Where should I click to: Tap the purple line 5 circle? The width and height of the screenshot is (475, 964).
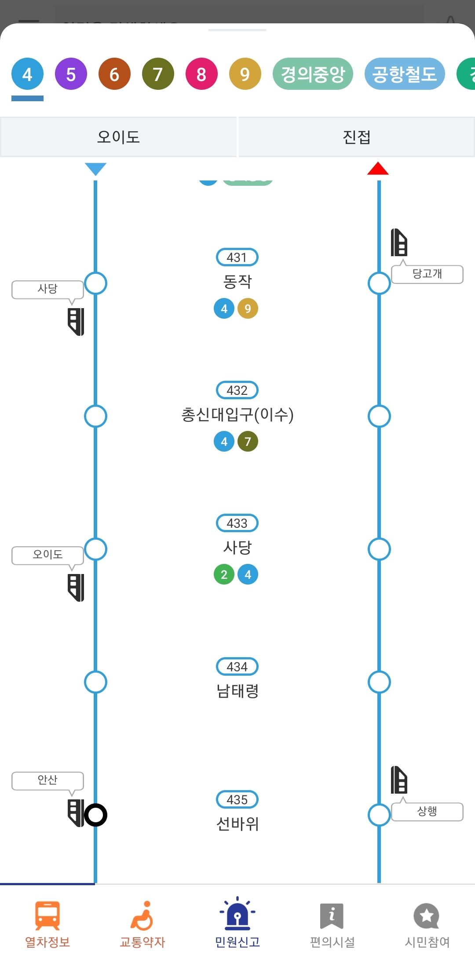click(x=71, y=74)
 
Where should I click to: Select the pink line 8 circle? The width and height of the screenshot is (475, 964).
click(x=201, y=74)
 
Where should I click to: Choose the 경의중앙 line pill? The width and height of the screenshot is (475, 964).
click(x=313, y=74)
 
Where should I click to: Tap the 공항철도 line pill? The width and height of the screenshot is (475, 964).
click(x=404, y=74)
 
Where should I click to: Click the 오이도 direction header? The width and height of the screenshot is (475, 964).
click(x=118, y=137)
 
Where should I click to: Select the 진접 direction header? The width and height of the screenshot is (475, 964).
click(x=357, y=137)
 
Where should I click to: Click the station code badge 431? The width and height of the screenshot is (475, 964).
click(x=237, y=258)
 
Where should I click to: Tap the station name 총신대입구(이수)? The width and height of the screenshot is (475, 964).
click(x=237, y=415)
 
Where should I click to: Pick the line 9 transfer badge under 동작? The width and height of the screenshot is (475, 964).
click(x=248, y=309)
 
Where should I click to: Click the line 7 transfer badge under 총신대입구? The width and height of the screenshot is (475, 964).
click(x=248, y=442)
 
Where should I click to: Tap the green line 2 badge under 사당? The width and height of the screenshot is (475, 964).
click(x=224, y=574)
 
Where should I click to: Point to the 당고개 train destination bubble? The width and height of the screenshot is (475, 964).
click(x=427, y=274)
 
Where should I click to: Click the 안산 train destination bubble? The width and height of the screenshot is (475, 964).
click(x=47, y=780)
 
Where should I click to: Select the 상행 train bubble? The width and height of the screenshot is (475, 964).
click(x=427, y=811)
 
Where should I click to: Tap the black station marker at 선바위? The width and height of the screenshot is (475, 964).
click(x=95, y=815)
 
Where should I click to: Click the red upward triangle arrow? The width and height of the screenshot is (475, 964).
click(x=378, y=169)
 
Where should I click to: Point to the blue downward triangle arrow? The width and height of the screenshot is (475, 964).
click(x=95, y=169)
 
